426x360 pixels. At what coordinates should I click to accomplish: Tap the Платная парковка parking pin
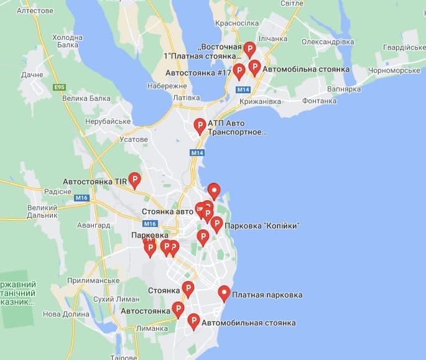tap(225, 293)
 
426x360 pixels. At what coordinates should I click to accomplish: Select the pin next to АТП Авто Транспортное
tap(200, 126)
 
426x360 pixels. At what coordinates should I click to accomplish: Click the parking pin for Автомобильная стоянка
tap(193, 321)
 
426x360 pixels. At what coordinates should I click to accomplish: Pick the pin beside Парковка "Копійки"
tap(216, 224)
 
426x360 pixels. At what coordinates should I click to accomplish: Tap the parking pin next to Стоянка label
tap(188, 289)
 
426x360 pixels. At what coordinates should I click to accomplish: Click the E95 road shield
tap(60, 87)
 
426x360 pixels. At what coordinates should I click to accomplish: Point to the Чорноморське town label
tap(386, 70)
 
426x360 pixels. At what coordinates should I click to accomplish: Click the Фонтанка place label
tap(319, 101)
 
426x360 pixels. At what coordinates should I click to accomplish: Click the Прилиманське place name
tap(91, 280)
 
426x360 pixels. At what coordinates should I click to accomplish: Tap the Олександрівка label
tap(328, 42)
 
